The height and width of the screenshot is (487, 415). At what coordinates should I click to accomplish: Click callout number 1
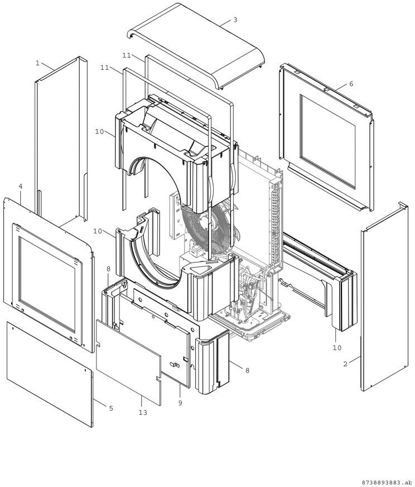[37, 63]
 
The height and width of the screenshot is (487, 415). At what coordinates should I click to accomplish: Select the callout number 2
[345, 364]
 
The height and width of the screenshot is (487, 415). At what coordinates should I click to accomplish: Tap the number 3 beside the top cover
[235, 20]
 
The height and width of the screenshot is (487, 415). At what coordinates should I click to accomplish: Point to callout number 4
[20, 186]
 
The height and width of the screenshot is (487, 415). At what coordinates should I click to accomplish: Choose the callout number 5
[110, 409]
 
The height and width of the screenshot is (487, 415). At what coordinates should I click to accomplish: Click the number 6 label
[351, 84]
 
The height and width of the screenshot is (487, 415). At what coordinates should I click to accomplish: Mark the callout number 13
[143, 412]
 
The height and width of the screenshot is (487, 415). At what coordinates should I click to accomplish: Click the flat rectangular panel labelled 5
[50, 371]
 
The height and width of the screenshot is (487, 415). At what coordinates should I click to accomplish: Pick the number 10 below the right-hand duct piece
[336, 347]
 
